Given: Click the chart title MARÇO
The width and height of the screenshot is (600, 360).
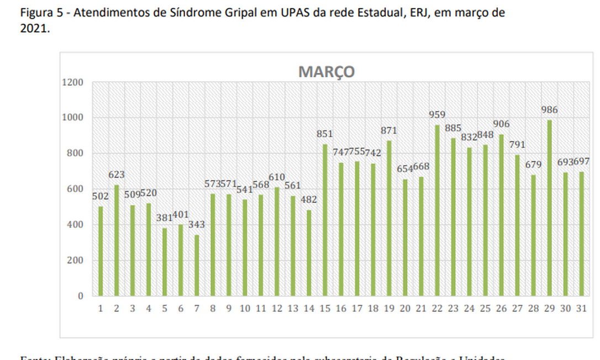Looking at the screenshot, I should (x=327, y=72).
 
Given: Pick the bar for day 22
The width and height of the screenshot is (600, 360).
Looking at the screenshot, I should (x=437, y=210).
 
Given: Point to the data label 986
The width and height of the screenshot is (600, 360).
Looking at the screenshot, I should (x=549, y=110).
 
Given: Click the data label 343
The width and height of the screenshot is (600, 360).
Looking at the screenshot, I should (x=197, y=225).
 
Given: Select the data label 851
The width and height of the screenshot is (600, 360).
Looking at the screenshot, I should (x=325, y=134).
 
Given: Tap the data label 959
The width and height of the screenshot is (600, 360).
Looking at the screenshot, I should (x=437, y=115).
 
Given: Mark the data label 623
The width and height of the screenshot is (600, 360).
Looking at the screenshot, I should (x=117, y=174).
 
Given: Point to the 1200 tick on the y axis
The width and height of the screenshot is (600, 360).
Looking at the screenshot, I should (x=73, y=82).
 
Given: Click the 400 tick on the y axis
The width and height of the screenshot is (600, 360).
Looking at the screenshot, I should (x=76, y=225).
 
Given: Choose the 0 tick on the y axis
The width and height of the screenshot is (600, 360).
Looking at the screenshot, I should (x=81, y=296).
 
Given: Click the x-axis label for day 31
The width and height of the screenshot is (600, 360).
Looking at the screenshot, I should (x=581, y=309).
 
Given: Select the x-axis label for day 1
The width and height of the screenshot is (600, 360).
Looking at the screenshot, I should (x=101, y=309).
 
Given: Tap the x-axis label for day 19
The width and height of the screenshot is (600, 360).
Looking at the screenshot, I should (x=389, y=309).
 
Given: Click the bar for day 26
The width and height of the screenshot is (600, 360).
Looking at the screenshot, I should (x=501, y=215).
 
